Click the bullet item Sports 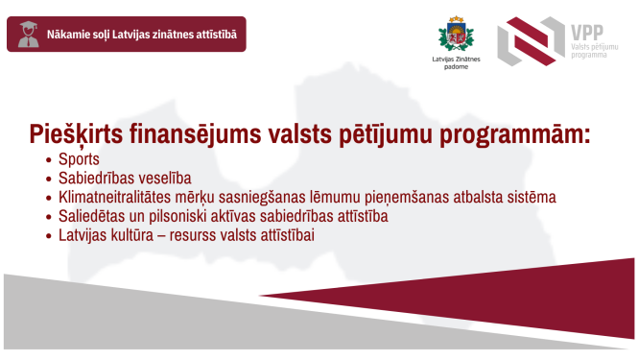(x=79, y=159)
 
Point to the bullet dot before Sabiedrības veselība (x=49, y=179)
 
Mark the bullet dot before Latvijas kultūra (x=49, y=235)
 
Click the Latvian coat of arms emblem (x=456, y=36)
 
